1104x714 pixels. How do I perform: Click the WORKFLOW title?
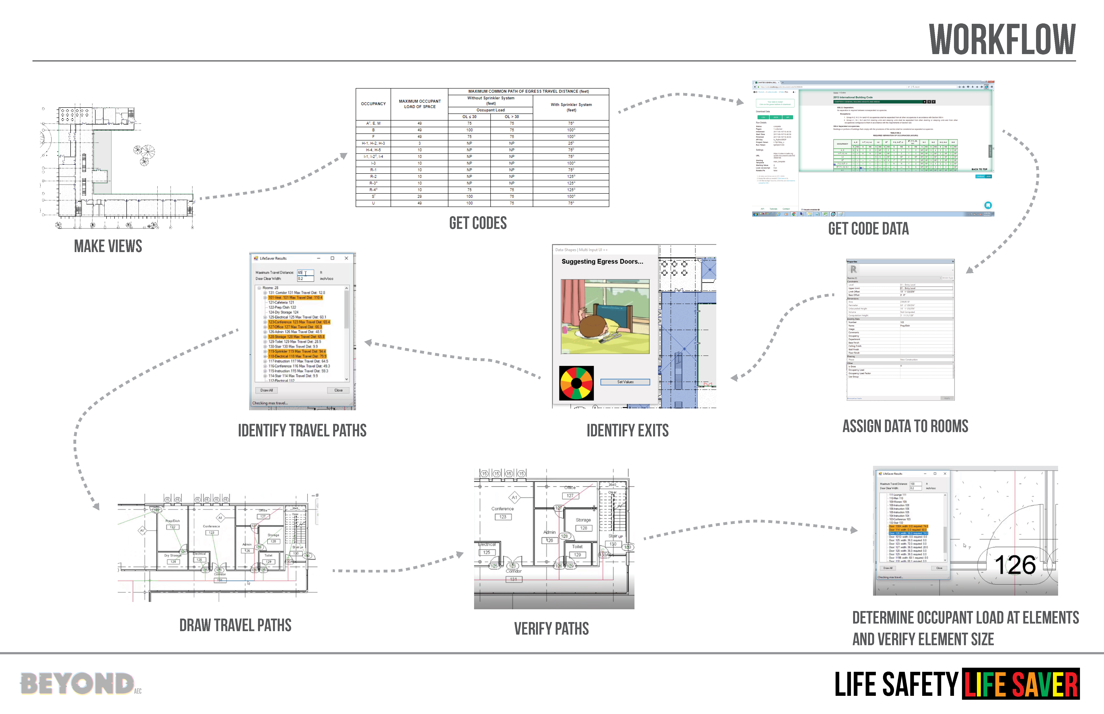point(1002,40)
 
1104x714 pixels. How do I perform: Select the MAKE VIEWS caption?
point(108,246)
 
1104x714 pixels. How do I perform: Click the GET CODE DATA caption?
point(868,228)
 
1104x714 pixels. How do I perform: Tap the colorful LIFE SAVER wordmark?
point(1020,684)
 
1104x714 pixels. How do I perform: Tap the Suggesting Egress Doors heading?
point(602,262)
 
